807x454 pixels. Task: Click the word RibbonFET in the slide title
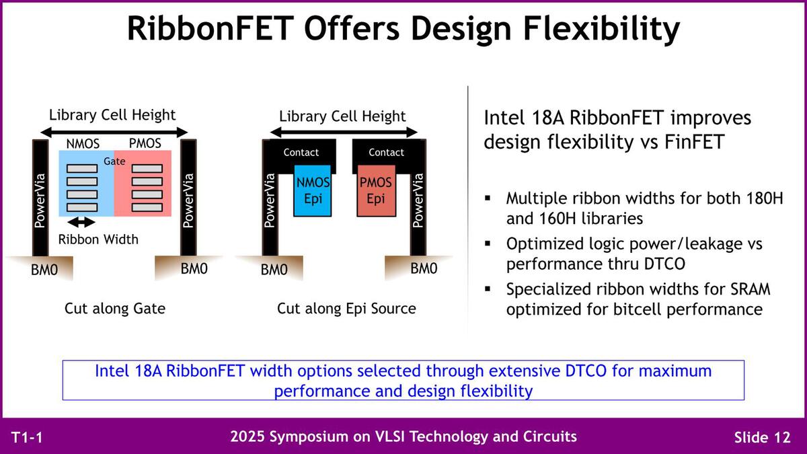click(208, 28)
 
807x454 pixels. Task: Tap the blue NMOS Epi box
click(312, 190)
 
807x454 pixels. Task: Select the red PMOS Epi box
click(376, 190)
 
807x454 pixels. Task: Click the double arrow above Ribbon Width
click(81, 223)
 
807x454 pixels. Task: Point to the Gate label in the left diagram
click(114, 161)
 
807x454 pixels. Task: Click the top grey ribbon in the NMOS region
click(82, 169)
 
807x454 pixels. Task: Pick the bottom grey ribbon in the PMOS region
click(147, 208)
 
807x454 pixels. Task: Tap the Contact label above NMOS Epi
click(301, 153)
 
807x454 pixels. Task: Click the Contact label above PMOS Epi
click(386, 153)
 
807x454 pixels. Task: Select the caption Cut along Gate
click(115, 309)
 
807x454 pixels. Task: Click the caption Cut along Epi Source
click(346, 309)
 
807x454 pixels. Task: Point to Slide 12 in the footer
click(763, 437)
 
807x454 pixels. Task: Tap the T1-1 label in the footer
click(27, 437)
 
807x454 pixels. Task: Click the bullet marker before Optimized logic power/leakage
click(488, 243)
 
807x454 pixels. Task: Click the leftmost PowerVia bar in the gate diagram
click(40, 198)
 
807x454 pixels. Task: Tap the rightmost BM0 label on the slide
click(424, 268)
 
